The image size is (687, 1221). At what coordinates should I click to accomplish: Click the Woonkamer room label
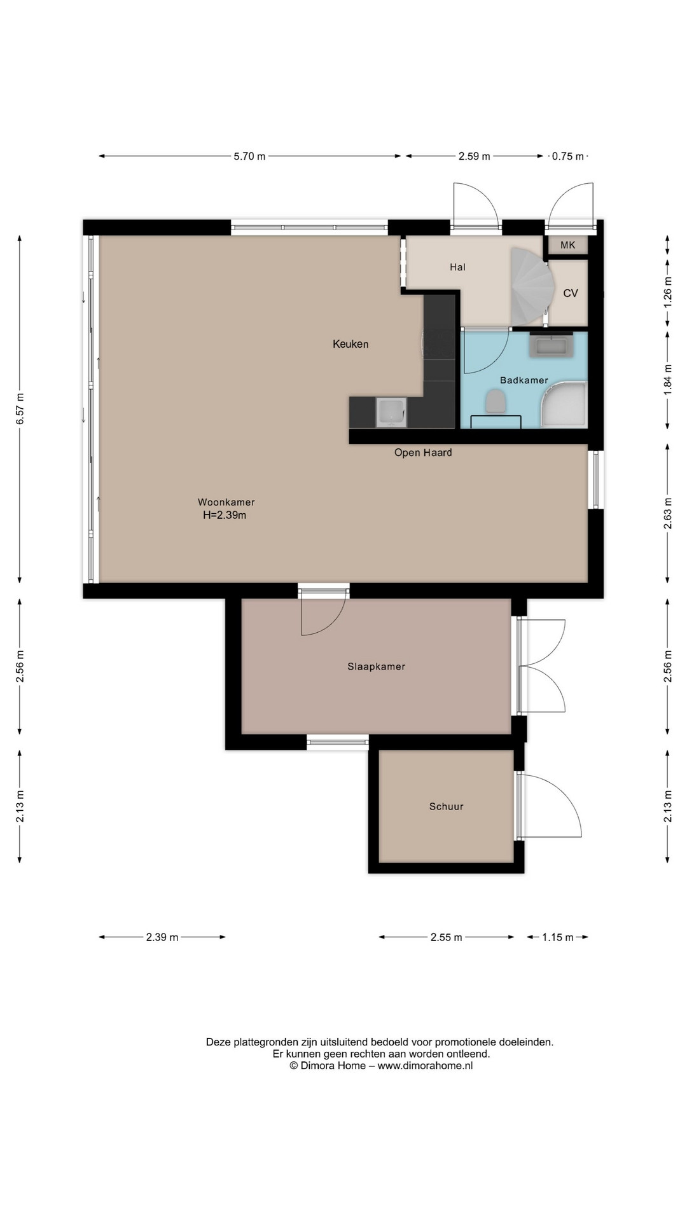click(226, 502)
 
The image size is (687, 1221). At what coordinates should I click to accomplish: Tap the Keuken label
click(350, 344)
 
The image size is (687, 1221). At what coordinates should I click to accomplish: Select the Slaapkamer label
click(376, 666)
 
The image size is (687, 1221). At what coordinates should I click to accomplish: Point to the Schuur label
click(446, 806)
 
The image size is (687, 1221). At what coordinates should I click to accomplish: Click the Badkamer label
click(524, 380)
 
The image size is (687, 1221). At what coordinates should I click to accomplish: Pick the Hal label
click(457, 267)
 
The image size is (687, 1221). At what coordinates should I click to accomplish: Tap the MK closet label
click(567, 245)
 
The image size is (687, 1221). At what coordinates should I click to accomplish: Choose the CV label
click(571, 293)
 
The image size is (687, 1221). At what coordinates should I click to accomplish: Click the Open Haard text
click(423, 453)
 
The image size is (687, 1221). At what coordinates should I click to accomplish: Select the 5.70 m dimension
click(249, 156)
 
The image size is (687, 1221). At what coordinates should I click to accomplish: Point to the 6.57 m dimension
click(20, 408)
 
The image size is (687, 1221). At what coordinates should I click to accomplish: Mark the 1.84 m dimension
click(667, 380)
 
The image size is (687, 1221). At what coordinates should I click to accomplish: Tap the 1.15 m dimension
click(558, 937)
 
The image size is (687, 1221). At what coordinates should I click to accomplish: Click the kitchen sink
click(391, 412)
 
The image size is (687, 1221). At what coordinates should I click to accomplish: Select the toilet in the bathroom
click(495, 402)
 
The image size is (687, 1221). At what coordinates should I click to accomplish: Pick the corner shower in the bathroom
click(564, 404)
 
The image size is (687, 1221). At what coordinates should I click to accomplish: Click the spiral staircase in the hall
click(531, 286)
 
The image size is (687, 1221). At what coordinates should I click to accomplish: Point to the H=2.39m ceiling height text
click(225, 515)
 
